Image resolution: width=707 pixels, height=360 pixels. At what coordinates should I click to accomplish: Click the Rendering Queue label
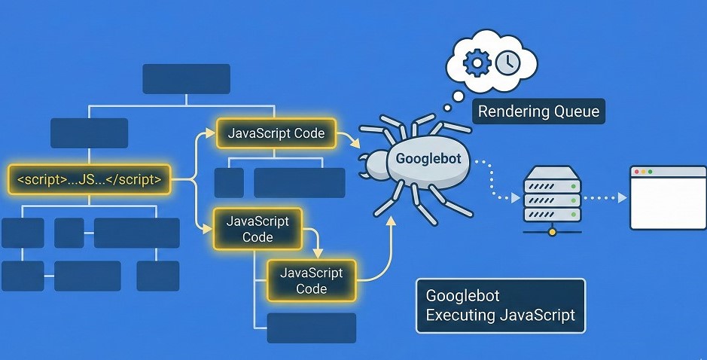[539, 111]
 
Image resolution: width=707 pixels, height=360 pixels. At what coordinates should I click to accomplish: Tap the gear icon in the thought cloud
[477, 63]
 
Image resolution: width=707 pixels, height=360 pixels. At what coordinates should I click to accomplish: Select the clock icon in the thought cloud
[507, 63]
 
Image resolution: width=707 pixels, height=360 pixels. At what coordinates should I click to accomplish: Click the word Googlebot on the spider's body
[428, 160]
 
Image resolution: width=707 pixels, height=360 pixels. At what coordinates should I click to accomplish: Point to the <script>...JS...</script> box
[90, 179]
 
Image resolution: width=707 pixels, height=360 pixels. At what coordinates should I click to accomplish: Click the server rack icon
[553, 194]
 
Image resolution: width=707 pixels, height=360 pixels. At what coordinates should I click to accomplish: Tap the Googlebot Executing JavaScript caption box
[500, 306]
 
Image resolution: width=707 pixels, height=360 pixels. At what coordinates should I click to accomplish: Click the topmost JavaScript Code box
[276, 134]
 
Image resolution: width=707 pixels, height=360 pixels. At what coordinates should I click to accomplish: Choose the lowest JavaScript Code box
[311, 280]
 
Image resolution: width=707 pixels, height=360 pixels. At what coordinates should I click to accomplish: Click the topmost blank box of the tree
[186, 79]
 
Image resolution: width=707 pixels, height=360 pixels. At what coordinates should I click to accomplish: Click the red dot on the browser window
[636, 172]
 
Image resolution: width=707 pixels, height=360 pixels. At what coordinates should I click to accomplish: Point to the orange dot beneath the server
[553, 231]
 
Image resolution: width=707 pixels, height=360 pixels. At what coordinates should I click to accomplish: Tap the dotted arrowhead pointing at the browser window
[622, 198]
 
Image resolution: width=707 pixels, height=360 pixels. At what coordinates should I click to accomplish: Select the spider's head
[374, 164]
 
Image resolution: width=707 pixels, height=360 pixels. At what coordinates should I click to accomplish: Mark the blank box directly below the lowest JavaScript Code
[311, 328]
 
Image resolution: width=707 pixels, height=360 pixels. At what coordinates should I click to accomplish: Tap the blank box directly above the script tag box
[89, 133]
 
